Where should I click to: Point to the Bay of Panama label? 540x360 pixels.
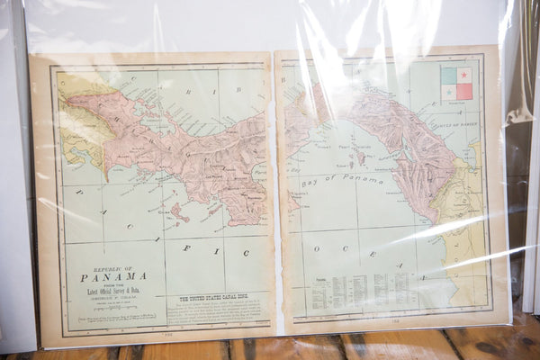coord(351,180)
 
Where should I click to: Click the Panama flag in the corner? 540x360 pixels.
coord(456,83)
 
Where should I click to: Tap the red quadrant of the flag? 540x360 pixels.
coord(464,91)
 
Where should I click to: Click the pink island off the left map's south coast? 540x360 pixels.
coord(179,212)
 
